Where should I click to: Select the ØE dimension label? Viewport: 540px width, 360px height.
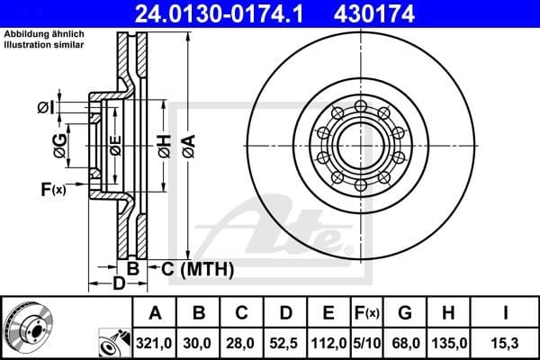[x=114, y=144]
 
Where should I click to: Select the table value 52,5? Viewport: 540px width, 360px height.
[x=285, y=342]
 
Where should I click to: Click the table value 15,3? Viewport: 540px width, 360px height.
[x=506, y=342]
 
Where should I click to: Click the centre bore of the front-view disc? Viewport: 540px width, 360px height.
[x=359, y=145]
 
